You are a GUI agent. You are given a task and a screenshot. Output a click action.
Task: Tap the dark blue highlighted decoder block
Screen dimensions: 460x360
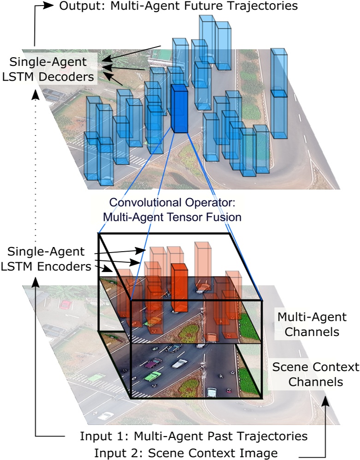(179, 109)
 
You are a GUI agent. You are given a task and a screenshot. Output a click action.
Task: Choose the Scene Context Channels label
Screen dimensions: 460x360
(315, 374)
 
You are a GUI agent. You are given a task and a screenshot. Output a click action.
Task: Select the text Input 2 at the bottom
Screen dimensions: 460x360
(113, 453)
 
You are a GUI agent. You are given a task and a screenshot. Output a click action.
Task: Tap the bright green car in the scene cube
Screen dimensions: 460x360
(153, 376)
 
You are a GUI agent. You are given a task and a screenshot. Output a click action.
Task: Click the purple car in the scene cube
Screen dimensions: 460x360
(150, 364)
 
